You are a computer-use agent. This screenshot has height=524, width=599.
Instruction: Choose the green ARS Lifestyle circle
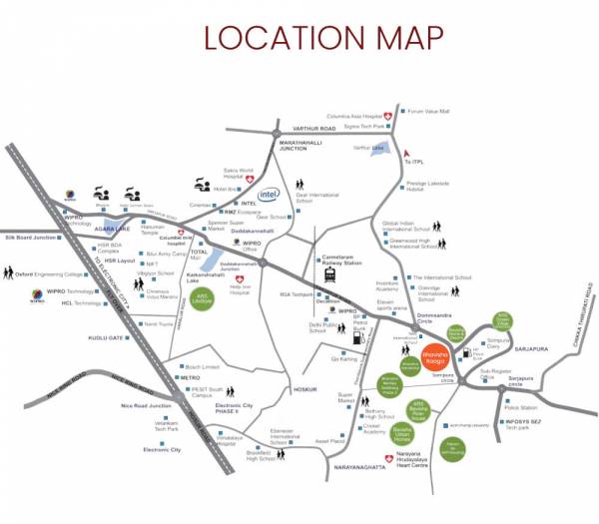(x=203, y=300)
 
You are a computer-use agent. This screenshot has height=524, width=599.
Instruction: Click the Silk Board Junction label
(x=33, y=237)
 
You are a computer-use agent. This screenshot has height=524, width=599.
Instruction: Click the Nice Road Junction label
(x=146, y=405)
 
